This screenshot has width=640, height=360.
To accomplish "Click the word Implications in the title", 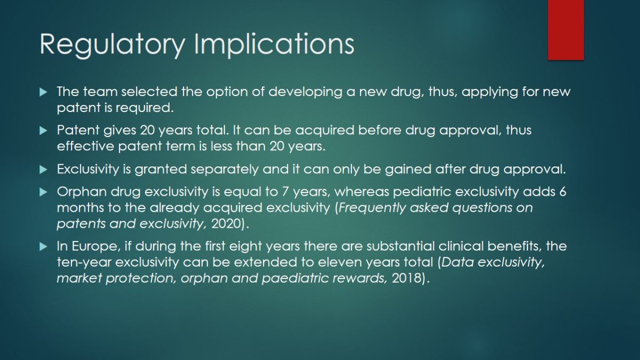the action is pos(274,44).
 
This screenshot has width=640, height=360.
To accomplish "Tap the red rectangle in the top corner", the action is pos(566,30).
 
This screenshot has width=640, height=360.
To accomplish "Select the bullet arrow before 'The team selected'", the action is pos(43,92).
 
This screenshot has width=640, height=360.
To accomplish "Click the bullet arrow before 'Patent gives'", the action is pos(43,131).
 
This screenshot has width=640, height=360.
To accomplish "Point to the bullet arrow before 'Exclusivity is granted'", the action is pos(43,170).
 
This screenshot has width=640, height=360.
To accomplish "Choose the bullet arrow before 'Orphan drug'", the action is pos(43,192).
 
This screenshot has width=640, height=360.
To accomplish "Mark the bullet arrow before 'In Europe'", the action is pos(43,246).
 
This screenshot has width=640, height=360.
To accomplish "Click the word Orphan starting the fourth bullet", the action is pos(82,191).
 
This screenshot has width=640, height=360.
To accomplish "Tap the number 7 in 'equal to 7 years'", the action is pos(285,191).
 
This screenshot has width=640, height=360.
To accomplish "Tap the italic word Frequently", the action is pos(372,208).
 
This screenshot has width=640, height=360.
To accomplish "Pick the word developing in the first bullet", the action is pos(305,92).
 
